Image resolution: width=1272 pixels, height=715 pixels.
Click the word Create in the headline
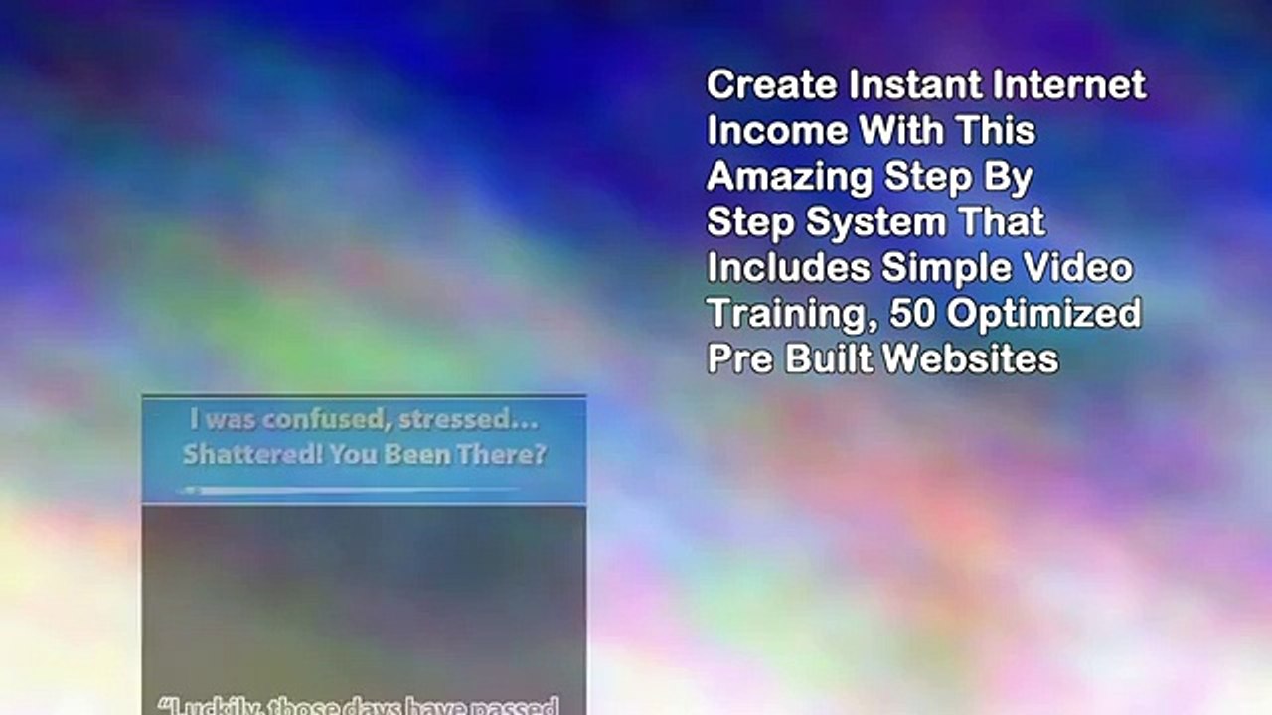coord(771,85)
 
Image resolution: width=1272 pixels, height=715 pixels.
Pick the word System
coord(875,222)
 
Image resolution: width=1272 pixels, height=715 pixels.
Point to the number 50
coord(912,314)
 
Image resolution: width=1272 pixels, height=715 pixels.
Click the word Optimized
coord(1043,315)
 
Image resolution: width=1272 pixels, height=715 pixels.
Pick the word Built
coord(829,358)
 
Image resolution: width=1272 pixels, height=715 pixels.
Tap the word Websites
coord(970,358)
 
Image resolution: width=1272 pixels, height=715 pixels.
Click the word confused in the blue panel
coord(320,421)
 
